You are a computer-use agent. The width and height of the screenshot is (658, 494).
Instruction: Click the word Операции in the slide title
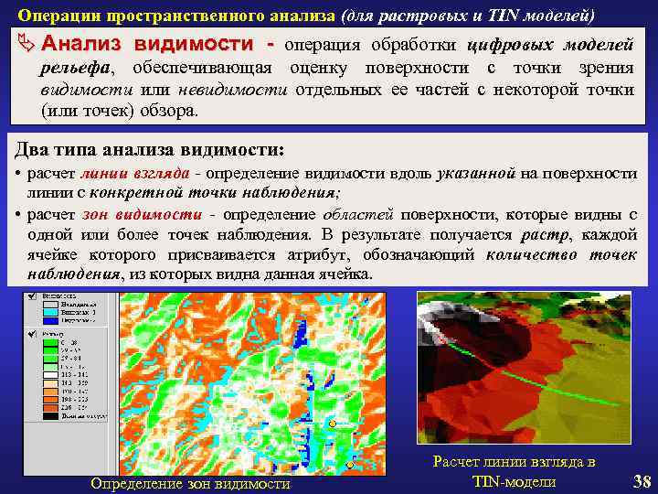pos(60,16)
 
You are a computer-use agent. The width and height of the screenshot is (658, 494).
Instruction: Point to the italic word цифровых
pos(506,46)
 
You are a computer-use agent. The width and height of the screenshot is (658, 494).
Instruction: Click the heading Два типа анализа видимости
pos(151,149)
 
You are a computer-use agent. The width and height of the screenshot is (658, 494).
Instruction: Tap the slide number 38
pos(642,481)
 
